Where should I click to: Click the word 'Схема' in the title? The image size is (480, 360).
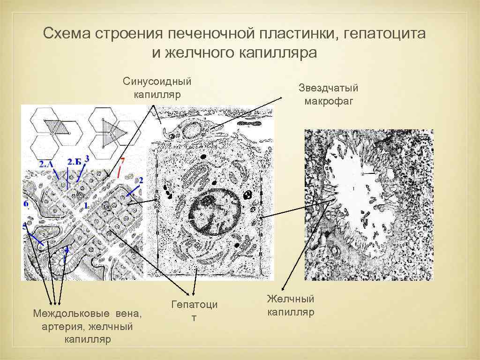tap(66, 34)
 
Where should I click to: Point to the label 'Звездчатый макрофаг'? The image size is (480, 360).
tap(328, 94)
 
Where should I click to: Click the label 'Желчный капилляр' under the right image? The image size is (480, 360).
tap(291, 306)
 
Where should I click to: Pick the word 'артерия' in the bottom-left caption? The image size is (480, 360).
tap(61, 326)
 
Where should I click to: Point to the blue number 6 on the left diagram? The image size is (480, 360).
tap(26, 204)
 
